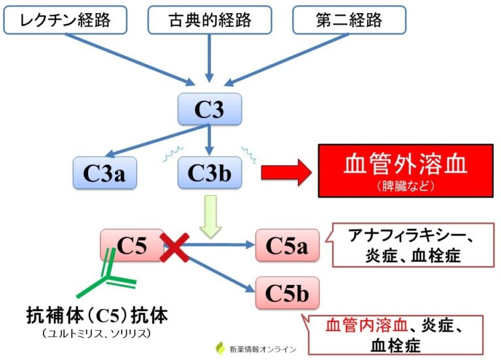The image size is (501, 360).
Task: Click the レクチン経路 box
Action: [x=65, y=21]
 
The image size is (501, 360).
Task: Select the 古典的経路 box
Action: [x=209, y=21]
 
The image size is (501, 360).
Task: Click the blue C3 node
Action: [x=209, y=109]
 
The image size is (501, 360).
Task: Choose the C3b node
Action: [x=209, y=173]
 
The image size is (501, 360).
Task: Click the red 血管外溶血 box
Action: [x=405, y=170]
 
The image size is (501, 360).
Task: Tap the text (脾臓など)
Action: [x=405, y=186]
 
